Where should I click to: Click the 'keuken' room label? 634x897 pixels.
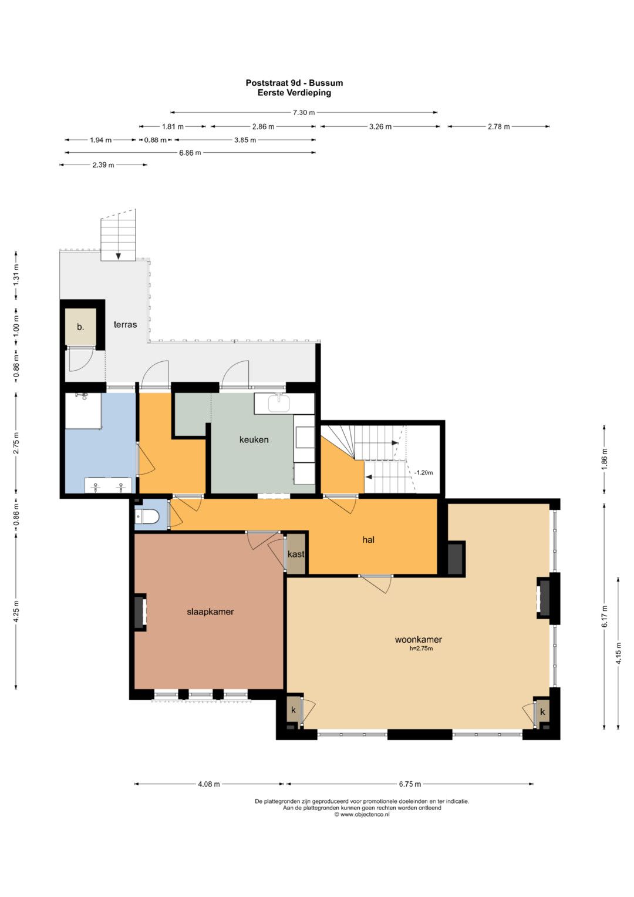(x=254, y=439)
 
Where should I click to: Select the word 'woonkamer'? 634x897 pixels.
(x=418, y=640)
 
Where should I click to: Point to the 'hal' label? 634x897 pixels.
(x=368, y=539)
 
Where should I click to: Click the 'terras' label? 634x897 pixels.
(x=125, y=324)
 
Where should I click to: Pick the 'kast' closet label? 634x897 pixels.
(x=296, y=554)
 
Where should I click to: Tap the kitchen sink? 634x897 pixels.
(x=279, y=402)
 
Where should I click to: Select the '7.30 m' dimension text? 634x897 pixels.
(x=304, y=113)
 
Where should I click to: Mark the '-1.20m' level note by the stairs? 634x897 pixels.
(x=423, y=472)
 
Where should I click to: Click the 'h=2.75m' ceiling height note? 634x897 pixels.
(x=421, y=649)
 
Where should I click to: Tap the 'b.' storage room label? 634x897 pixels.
(x=80, y=327)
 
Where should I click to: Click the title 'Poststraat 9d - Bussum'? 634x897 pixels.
(x=294, y=83)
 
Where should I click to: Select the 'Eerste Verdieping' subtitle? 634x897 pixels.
(x=294, y=92)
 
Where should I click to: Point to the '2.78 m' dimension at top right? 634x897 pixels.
(x=499, y=126)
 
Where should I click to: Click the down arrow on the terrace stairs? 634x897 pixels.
(x=119, y=256)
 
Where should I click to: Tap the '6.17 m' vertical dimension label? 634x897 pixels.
(x=605, y=616)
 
